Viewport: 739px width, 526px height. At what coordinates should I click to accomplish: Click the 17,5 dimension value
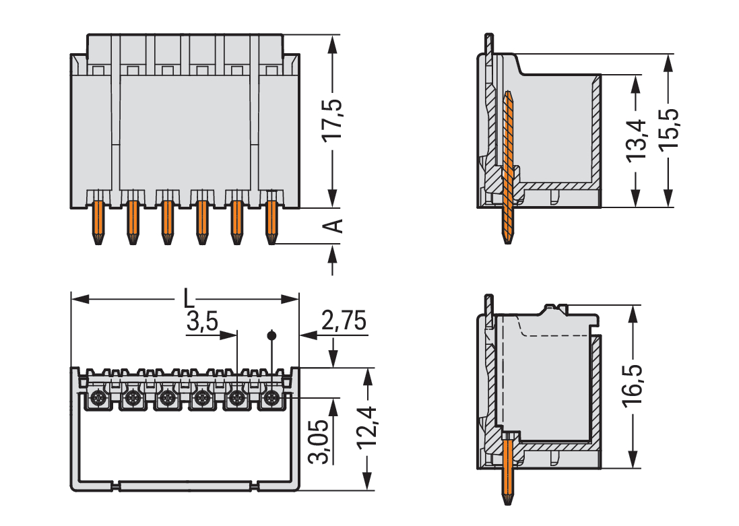[332, 121]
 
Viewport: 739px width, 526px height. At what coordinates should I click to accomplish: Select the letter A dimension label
[333, 226]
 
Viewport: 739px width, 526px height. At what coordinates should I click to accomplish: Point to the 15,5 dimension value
[669, 127]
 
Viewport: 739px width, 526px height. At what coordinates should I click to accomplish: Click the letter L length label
[189, 298]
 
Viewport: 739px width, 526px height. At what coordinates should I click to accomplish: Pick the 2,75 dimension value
[344, 322]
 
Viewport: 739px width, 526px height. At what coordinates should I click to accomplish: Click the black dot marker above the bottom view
[271, 335]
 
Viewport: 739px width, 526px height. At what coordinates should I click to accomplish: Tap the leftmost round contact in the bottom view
[98, 399]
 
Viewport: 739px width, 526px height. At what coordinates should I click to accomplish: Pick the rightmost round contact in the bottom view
[271, 399]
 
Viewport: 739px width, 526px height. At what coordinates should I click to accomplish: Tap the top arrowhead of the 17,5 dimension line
[332, 42]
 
